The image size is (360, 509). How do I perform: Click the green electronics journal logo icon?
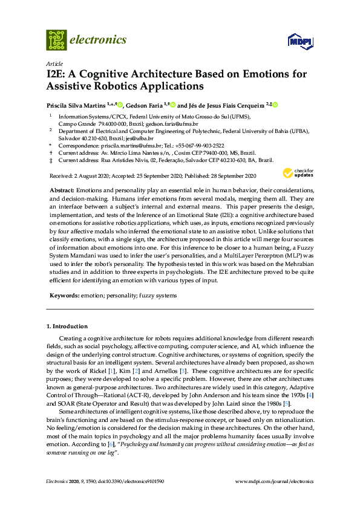pyautogui.click(x=56, y=40)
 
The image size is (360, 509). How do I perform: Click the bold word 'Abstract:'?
pyautogui.click(x=62, y=190)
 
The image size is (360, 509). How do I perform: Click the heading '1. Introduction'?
pyautogui.click(x=67, y=326)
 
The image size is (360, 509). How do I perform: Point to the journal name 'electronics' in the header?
pyautogui.click(x=99, y=40)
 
